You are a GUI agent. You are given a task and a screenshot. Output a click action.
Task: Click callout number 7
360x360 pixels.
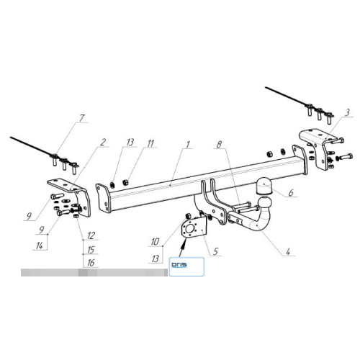82,118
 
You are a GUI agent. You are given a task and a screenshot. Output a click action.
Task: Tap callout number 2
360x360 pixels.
103,142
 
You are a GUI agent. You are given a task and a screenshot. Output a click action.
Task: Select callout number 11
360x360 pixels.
150,143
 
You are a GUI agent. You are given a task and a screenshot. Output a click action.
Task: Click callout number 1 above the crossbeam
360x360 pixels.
188,145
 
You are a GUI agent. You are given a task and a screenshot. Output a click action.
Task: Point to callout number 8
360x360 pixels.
219,144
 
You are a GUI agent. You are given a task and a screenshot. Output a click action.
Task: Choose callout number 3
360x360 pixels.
347,112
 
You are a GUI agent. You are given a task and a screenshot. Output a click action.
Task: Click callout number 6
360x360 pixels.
291,193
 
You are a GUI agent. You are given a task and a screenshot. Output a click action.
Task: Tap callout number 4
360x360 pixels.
288,251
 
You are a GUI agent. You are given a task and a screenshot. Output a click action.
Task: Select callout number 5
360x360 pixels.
215,251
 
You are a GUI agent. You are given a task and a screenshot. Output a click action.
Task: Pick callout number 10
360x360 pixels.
155,242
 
